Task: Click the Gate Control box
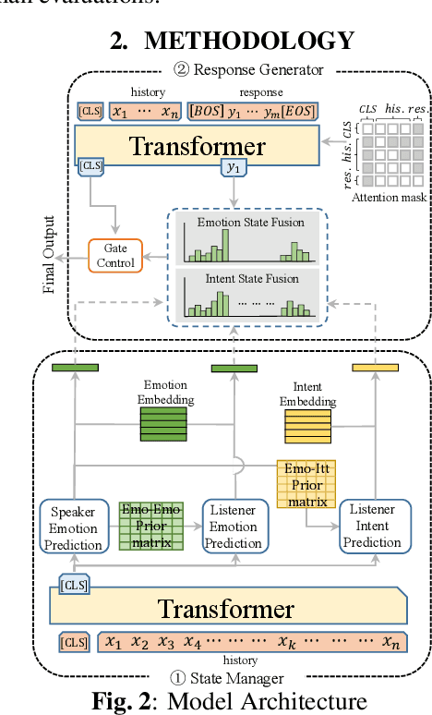click(x=117, y=256)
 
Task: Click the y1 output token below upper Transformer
click(x=234, y=167)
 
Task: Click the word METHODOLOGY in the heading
click(x=248, y=41)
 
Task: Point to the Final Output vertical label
click(x=49, y=254)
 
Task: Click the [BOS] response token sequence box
click(x=253, y=111)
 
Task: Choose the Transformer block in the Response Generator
click(x=197, y=145)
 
